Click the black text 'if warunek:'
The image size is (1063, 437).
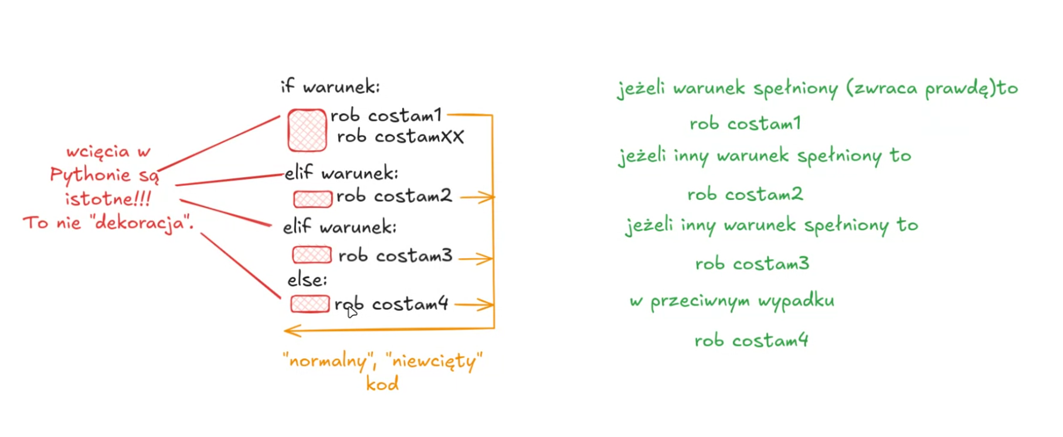pyautogui.click(x=330, y=87)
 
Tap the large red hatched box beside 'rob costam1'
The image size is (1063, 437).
pyautogui.click(x=307, y=130)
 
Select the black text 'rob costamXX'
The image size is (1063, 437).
pyautogui.click(x=400, y=137)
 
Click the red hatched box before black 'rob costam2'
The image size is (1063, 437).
pyautogui.click(x=313, y=199)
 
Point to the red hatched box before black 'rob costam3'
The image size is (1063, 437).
pyautogui.click(x=311, y=255)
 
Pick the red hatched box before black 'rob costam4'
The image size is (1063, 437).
pyautogui.click(x=310, y=304)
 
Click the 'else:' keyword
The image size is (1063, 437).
pyautogui.click(x=307, y=280)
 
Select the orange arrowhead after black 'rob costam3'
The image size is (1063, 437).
pyautogui.click(x=486, y=258)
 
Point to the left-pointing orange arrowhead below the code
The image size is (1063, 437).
pyautogui.click(x=291, y=331)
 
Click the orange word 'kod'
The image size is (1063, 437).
pyautogui.click(x=382, y=384)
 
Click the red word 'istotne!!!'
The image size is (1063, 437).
pyautogui.click(x=108, y=199)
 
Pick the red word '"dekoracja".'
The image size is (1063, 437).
pyautogui.click(x=141, y=223)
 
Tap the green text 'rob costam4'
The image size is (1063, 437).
pyautogui.click(x=751, y=340)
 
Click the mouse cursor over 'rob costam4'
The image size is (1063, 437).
pyautogui.click(x=351, y=311)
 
